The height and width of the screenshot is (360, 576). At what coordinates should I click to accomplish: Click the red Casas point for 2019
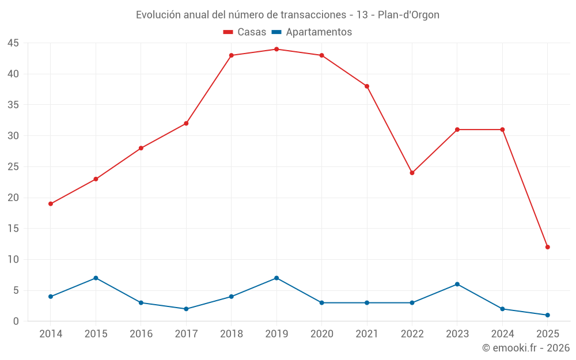(x=276, y=49)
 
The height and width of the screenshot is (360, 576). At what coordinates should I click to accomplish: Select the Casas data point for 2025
(x=547, y=247)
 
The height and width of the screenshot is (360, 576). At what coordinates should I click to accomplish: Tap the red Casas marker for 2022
(x=412, y=173)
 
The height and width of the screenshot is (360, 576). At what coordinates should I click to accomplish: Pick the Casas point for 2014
(x=51, y=204)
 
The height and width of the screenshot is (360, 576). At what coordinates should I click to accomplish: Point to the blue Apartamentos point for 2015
(x=96, y=278)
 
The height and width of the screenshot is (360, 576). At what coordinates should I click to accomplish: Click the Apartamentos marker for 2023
(x=457, y=284)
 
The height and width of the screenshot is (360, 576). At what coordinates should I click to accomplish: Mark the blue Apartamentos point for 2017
(x=186, y=309)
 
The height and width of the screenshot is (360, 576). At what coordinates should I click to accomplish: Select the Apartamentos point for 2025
(x=547, y=315)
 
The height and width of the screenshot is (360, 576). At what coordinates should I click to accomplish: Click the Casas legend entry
(x=245, y=32)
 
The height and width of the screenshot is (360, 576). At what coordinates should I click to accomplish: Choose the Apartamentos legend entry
(x=312, y=32)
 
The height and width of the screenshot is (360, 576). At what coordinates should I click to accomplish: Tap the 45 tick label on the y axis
(x=13, y=43)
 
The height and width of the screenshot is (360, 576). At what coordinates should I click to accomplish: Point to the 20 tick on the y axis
(x=13, y=198)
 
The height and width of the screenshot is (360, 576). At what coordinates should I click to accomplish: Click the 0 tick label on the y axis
(x=16, y=321)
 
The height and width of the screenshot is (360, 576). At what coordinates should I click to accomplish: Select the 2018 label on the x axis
(x=231, y=334)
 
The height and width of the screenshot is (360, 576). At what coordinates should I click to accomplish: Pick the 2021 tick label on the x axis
(x=367, y=334)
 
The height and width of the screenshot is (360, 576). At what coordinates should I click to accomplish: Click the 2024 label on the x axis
(x=502, y=334)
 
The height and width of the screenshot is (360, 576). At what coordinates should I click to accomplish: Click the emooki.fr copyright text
(x=525, y=348)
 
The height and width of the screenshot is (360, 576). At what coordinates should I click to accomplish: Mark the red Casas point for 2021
(x=367, y=86)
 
